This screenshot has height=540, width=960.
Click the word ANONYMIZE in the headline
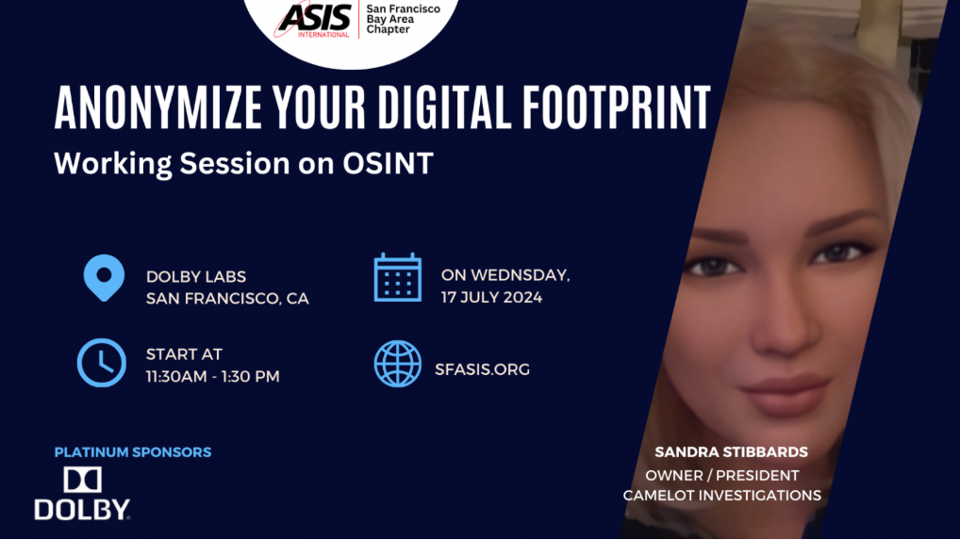(x=158, y=107)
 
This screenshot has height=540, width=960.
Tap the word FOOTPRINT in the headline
(x=617, y=107)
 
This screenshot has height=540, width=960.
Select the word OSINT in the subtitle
(x=389, y=163)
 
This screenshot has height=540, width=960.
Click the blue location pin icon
(x=104, y=278)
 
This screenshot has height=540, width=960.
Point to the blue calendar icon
(x=398, y=277)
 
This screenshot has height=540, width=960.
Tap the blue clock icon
(x=102, y=363)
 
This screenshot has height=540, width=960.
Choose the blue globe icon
(x=398, y=364)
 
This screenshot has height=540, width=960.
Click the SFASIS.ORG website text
(x=483, y=369)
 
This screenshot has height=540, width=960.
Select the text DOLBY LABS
(x=196, y=276)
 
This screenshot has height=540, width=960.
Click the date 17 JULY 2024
(x=491, y=297)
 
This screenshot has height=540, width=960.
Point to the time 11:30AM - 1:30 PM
(x=212, y=376)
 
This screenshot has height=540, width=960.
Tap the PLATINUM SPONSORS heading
(x=133, y=452)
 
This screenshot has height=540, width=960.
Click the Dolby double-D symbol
(x=83, y=480)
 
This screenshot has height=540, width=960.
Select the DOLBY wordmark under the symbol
(x=82, y=510)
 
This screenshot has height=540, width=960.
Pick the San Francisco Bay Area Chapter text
(x=403, y=19)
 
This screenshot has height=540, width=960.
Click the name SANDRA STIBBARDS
(x=731, y=452)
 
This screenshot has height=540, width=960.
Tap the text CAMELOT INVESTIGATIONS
(x=721, y=496)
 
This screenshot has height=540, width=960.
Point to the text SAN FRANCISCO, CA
(x=227, y=299)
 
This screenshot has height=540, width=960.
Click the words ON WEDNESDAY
(x=505, y=275)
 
